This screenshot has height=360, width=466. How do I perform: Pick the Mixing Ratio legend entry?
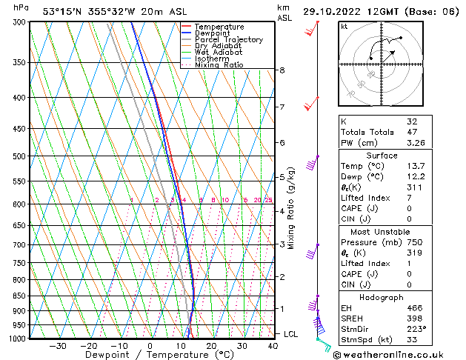point(219,65)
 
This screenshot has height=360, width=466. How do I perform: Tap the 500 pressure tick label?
point(21,156)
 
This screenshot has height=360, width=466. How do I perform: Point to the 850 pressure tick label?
point(21,296)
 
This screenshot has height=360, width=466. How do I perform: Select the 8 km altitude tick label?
point(282,70)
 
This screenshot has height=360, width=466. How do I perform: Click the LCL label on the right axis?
point(290,334)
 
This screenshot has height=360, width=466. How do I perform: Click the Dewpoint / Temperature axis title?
point(150,356)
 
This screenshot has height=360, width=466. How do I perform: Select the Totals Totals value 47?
point(412,131)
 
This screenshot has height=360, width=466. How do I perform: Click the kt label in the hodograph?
point(344,27)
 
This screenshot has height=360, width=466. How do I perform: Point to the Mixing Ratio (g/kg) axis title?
point(291,207)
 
